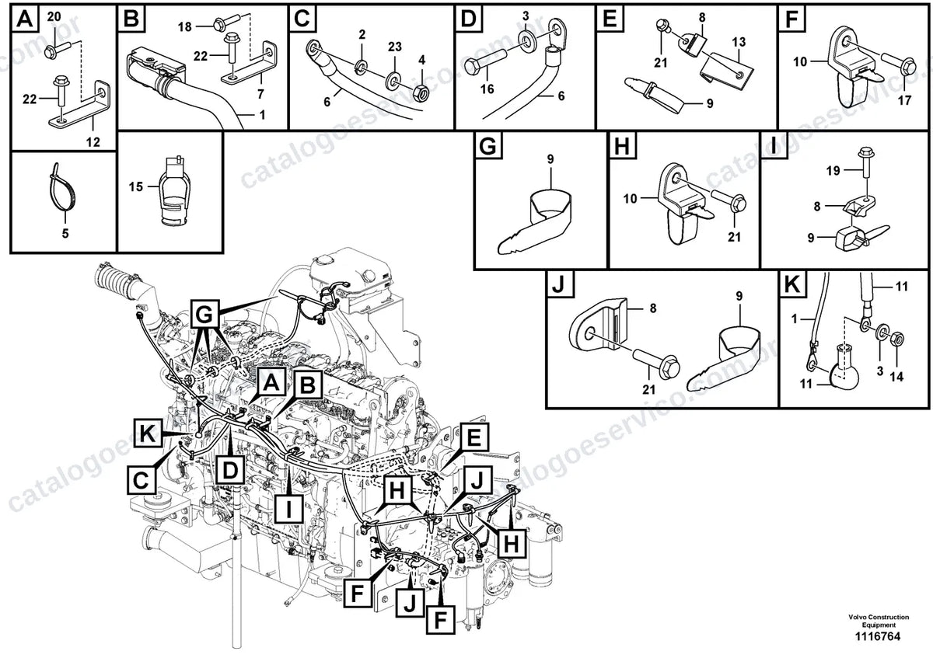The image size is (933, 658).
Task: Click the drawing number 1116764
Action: tap(878, 637)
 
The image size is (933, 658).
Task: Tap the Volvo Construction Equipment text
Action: tap(879, 621)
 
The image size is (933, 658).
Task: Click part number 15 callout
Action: tap(136, 187)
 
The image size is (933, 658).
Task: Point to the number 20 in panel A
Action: tap(54, 16)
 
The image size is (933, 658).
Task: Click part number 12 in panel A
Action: tap(93, 142)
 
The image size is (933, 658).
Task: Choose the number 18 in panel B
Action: tap(184, 27)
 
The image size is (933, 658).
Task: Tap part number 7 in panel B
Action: tap(260, 94)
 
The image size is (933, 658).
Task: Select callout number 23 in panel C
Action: tap(395, 47)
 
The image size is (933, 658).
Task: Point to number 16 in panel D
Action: tap(487, 89)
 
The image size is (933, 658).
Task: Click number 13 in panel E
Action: tap(739, 42)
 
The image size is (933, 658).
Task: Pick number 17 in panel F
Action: tap(904, 100)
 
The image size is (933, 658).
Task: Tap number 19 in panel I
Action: tap(833, 171)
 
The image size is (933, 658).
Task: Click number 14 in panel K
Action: tap(896, 377)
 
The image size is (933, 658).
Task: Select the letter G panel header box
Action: tap(488, 146)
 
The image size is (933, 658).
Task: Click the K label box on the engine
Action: tap(148, 433)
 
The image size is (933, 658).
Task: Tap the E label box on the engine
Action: tap(474, 437)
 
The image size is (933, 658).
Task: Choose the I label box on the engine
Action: tap(289, 509)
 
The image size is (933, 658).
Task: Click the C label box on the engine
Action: tap(141, 481)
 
